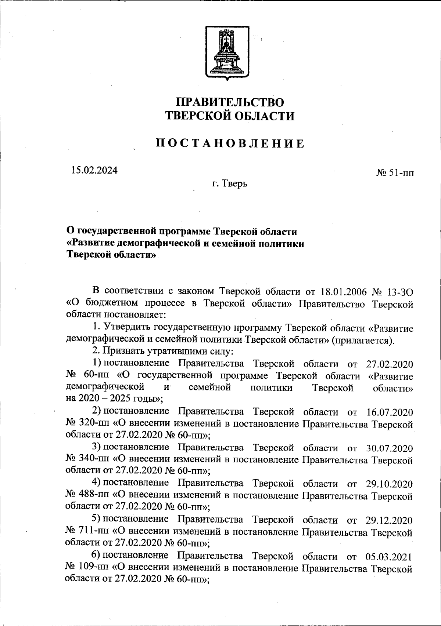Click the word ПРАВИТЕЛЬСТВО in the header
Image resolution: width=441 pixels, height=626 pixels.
pos(230,102)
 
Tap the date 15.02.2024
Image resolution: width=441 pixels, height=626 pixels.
pos(94,170)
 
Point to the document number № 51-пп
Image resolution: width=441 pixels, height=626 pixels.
pos(395,172)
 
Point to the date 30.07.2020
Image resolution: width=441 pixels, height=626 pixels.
pos(390,448)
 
